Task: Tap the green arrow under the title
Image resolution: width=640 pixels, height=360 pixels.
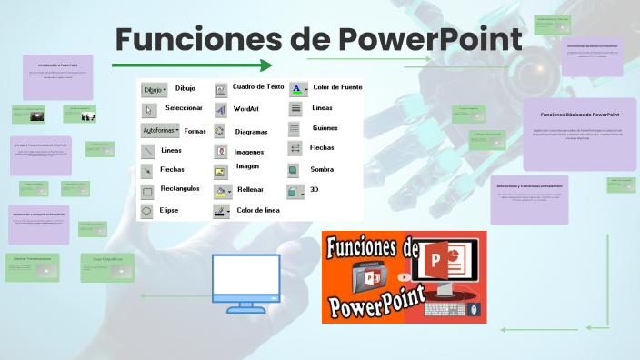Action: click(192, 65)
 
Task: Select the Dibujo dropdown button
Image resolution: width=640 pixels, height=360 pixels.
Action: click(155, 89)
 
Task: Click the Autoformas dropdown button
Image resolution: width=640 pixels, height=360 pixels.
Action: click(161, 131)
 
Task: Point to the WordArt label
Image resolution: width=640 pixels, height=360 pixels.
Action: click(245, 108)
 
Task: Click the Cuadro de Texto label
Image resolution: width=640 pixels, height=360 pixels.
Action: click(258, 86)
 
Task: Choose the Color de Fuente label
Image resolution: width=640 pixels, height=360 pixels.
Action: click(337, 87)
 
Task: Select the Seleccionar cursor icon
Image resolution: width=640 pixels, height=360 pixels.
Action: click(149, 110)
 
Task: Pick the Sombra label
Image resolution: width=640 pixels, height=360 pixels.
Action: click(322, 169)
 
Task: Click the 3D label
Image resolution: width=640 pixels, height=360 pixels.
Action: click(315, 190)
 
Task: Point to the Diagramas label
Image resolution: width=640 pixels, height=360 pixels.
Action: click(251, 132)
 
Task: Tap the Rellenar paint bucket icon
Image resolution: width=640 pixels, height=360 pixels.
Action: click(222, 191)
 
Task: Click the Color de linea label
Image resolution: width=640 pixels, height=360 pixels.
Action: click(258, 210)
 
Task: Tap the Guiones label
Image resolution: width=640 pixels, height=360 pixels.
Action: click(325, 128)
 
